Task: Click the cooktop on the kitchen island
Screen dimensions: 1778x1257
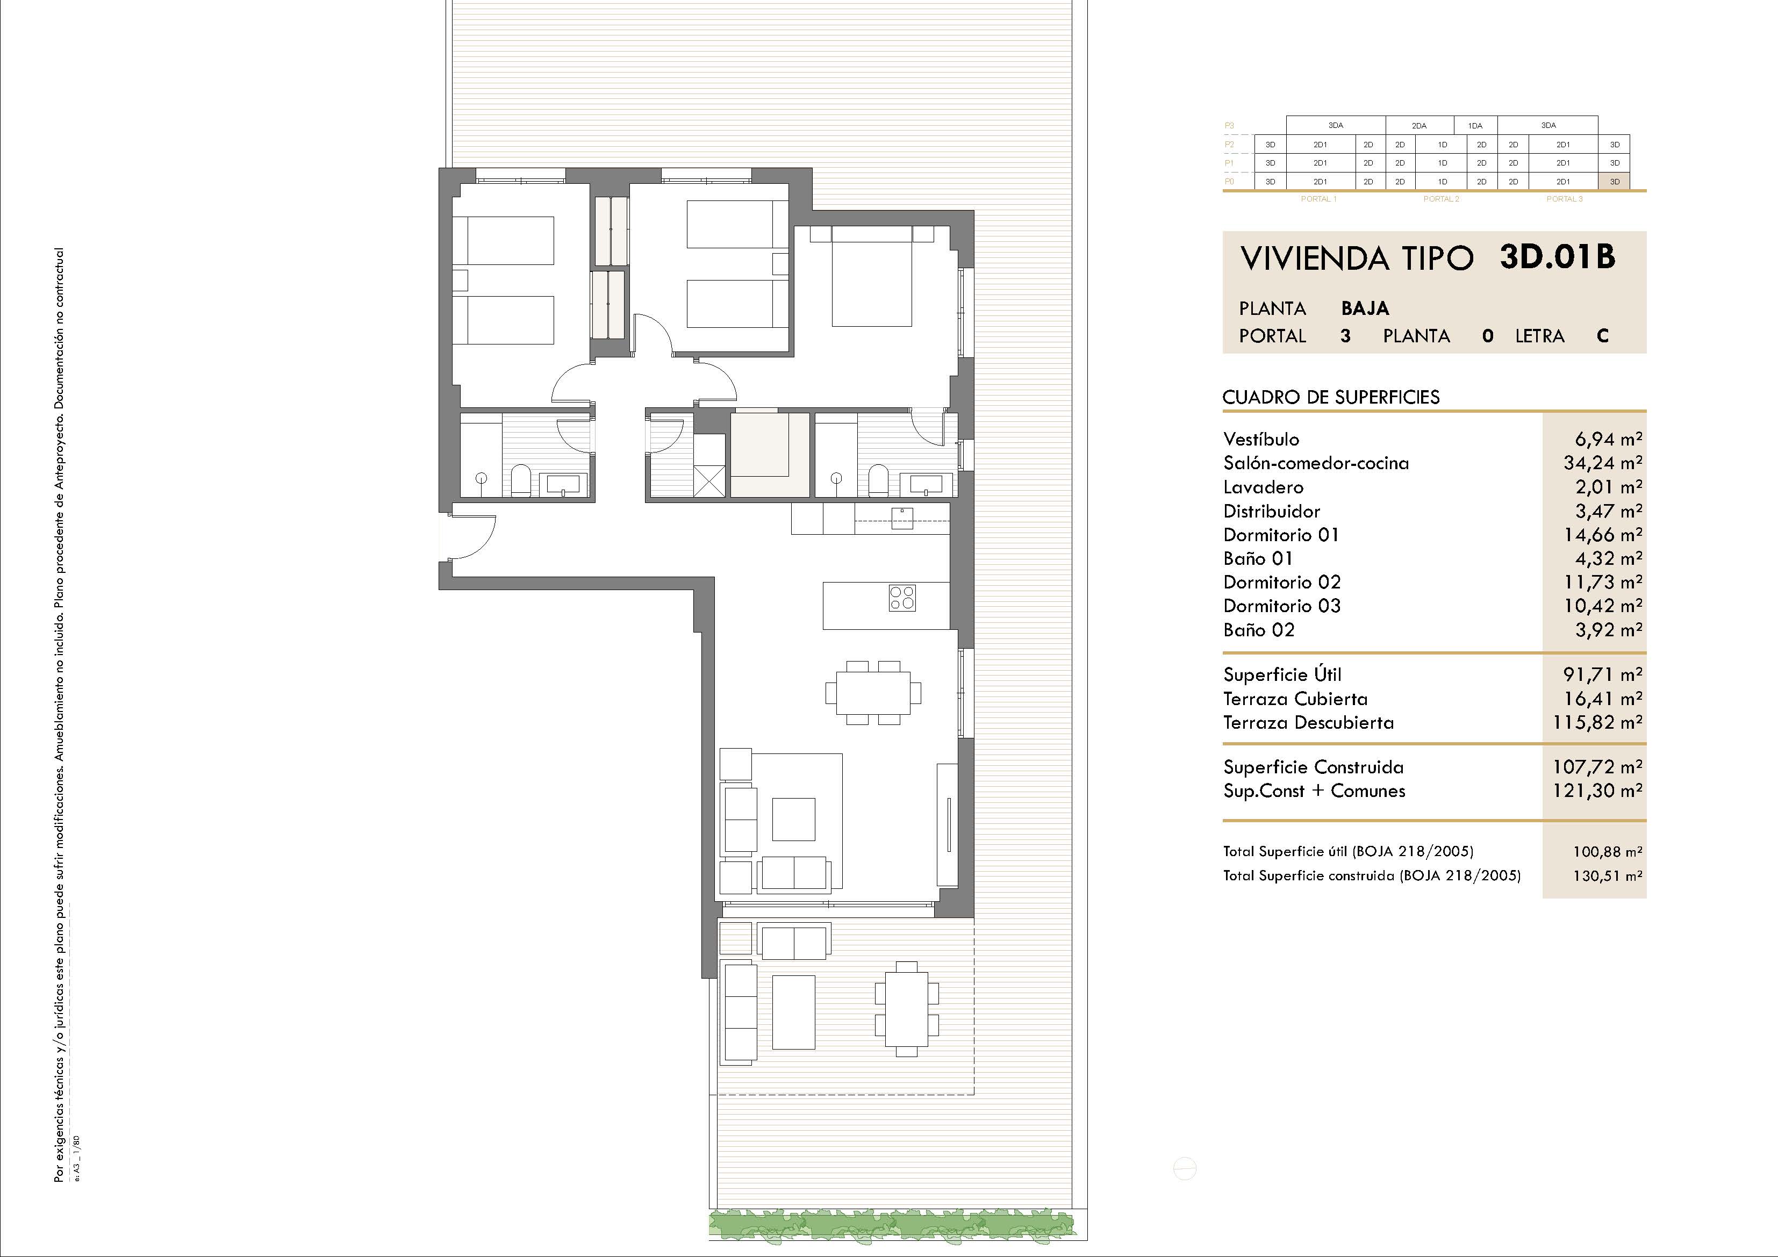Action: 902,598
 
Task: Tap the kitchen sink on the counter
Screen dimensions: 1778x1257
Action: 902,518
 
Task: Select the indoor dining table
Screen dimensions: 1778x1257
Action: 873,692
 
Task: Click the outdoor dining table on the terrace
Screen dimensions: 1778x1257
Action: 907,1008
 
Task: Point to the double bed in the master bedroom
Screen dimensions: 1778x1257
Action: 872,276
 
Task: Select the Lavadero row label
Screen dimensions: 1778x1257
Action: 1263,487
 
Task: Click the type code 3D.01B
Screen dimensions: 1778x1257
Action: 1557,257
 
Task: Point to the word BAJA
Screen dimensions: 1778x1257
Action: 1365,308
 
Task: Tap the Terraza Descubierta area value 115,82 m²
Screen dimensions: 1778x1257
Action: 1597,723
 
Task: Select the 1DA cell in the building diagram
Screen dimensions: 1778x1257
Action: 1475,125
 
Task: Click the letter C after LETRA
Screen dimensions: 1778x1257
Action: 1602,336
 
